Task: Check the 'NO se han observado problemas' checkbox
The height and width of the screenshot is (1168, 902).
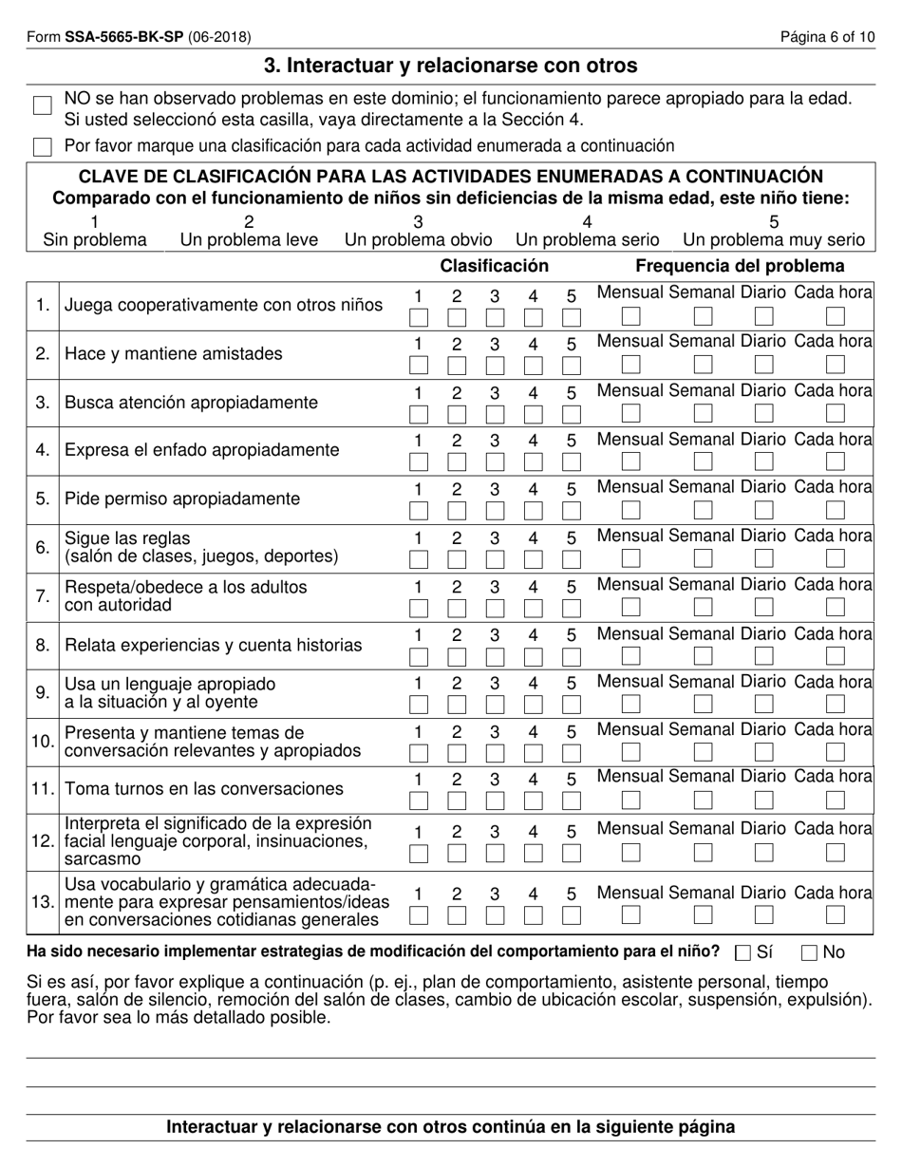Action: (43, 105)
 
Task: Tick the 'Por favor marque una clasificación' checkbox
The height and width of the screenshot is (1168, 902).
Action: (43, 146)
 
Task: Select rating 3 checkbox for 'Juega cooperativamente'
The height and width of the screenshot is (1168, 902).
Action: (495, 316)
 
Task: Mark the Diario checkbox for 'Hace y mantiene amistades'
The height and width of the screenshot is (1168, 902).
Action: (763, 365)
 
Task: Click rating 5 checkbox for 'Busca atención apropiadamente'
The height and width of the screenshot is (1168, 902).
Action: (571, 413)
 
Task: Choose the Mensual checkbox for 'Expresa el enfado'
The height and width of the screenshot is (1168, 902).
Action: (631, 462)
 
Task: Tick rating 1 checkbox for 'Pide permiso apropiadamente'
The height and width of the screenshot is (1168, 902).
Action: (418, 510)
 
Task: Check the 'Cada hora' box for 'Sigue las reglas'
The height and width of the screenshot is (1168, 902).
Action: (836, 558)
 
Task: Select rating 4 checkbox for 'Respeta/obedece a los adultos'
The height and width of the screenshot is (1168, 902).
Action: (533, 607)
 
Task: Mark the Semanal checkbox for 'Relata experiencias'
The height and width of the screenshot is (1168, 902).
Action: (703, 655)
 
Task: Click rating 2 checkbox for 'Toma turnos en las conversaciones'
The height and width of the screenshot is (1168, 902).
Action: (457, 800)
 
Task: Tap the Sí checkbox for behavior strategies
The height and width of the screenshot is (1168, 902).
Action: (743, 952)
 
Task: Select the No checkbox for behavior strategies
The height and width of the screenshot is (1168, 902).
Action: (810, 952)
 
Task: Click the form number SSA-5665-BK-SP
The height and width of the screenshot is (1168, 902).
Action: (124, 38)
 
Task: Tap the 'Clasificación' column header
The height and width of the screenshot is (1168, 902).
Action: (494, 266)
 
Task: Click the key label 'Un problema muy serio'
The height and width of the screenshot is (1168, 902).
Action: (774, 239)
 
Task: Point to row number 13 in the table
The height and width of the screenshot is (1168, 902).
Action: (43, 901)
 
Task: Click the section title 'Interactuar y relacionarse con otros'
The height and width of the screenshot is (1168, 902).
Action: (451, 66)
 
